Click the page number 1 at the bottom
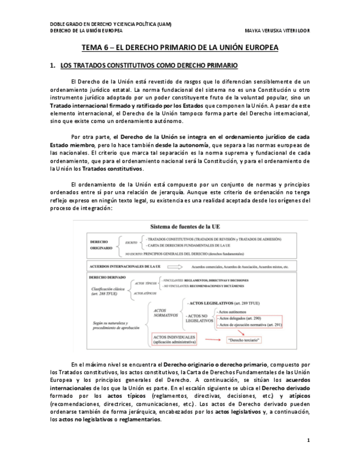pyautogui.click(x=308, y=440)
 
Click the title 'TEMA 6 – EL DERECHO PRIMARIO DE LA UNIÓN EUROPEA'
pyautogui.click(x=180, y=48)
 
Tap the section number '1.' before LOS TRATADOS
pyautogui.click(x=53, y=66)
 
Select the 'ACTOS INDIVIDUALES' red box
pyautogui.click(x=174, y=337)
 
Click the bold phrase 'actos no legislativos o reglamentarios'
pyautogui.click(x=110, y=420)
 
